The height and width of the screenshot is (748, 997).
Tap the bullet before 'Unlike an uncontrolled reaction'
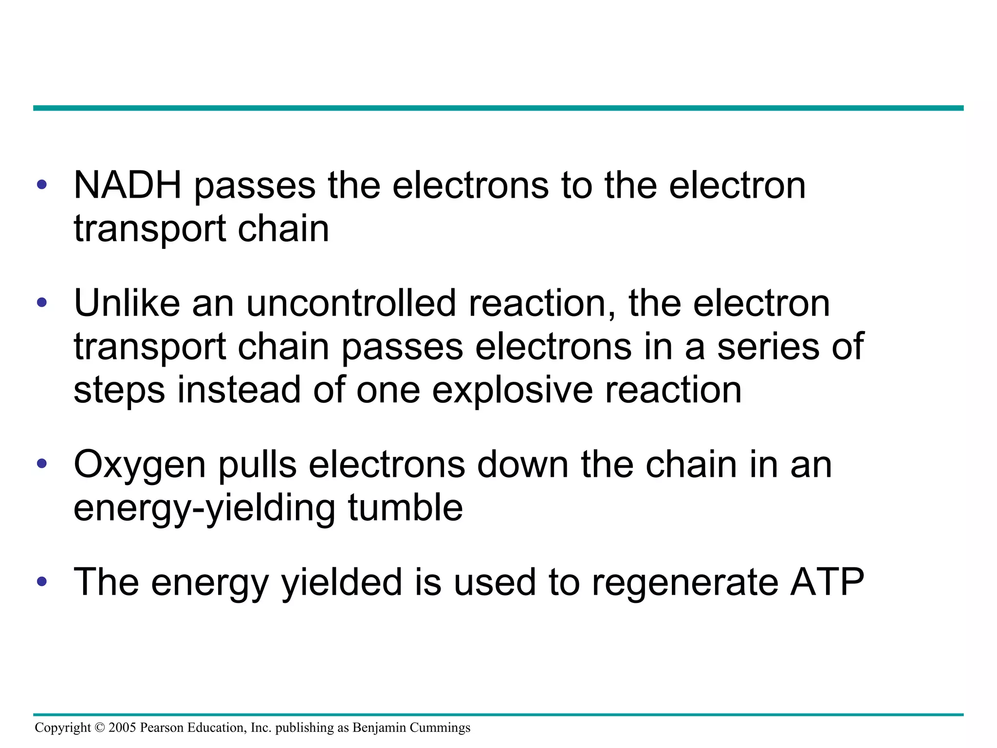coord(42,302)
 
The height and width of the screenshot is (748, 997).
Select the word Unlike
coord(127,303)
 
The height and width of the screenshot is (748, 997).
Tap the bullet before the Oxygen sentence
coord(42,463)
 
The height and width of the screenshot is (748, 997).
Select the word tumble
coord(405,508)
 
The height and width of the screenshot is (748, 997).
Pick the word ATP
coord(827,582)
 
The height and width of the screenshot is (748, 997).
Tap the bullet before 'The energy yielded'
coord(42,581)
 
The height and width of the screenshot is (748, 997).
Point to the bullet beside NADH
coord(42,185)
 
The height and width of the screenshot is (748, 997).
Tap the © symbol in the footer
coord(100,728)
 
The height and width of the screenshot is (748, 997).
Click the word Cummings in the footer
coord(440,728)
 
